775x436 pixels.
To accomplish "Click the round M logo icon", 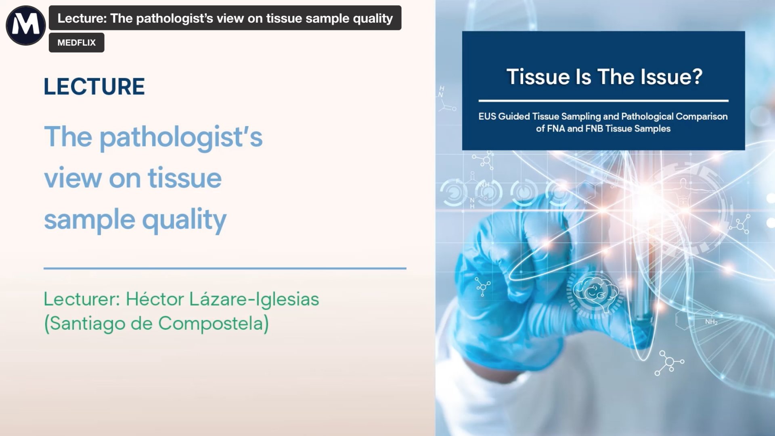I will (x=25, y=25).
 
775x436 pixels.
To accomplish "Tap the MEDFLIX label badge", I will (x=76, y=42).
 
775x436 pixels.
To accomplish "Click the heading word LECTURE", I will (x=94, y=86).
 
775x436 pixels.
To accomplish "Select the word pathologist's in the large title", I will (x=181, y=137).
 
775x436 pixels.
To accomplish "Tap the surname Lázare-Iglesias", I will (x=254, y=299).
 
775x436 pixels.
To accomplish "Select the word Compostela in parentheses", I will (x=213, y=323).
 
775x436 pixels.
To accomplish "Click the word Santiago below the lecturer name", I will (x=87, y=324).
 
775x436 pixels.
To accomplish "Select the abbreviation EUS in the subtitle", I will (x=487, y=116).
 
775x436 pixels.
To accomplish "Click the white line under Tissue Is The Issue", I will (x=603, y=101).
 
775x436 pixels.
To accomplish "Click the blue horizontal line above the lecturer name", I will (x=225, y=268).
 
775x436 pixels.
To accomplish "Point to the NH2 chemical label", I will (x=711, y=322).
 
